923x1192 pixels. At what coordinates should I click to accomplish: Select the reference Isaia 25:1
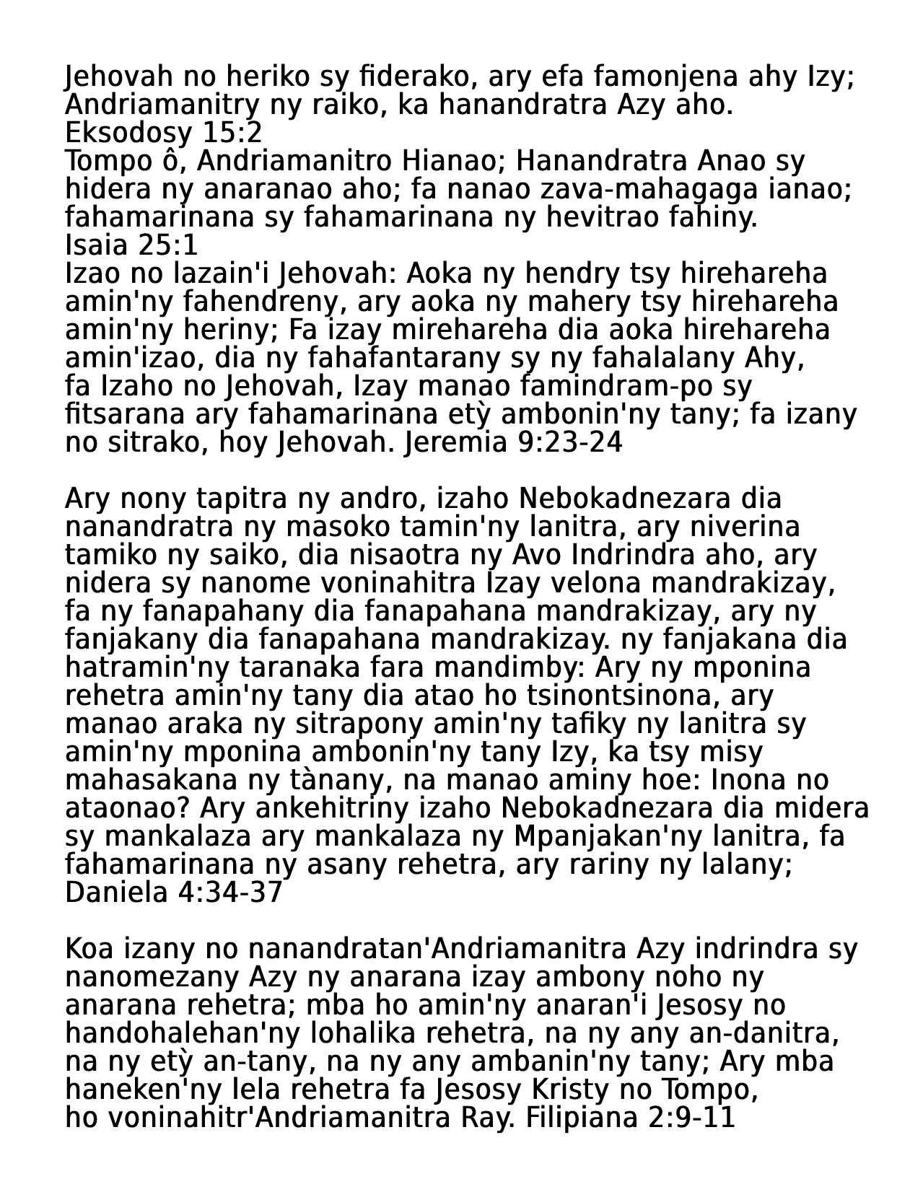(x=131, y=246)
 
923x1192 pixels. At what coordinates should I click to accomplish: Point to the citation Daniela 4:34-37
(x=173, y=893)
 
